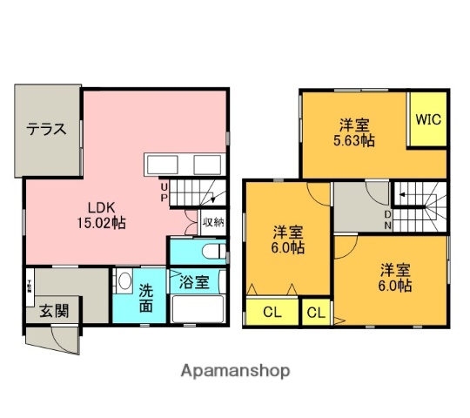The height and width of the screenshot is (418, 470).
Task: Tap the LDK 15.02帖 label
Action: [x=104, y=215]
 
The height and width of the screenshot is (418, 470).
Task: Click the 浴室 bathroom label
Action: [x=194, y=282]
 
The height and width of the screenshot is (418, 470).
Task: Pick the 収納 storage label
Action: [x=213, y=221]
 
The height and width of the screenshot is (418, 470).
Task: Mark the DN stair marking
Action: [x=389, y=219]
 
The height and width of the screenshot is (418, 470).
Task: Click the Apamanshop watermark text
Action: [x=234, y=371]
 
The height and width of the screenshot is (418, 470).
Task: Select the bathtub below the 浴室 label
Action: [x=197, y=309]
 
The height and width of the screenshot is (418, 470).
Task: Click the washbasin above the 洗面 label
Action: [x=124, y=284]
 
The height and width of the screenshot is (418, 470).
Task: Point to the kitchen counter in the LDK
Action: [x=184, y=165]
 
